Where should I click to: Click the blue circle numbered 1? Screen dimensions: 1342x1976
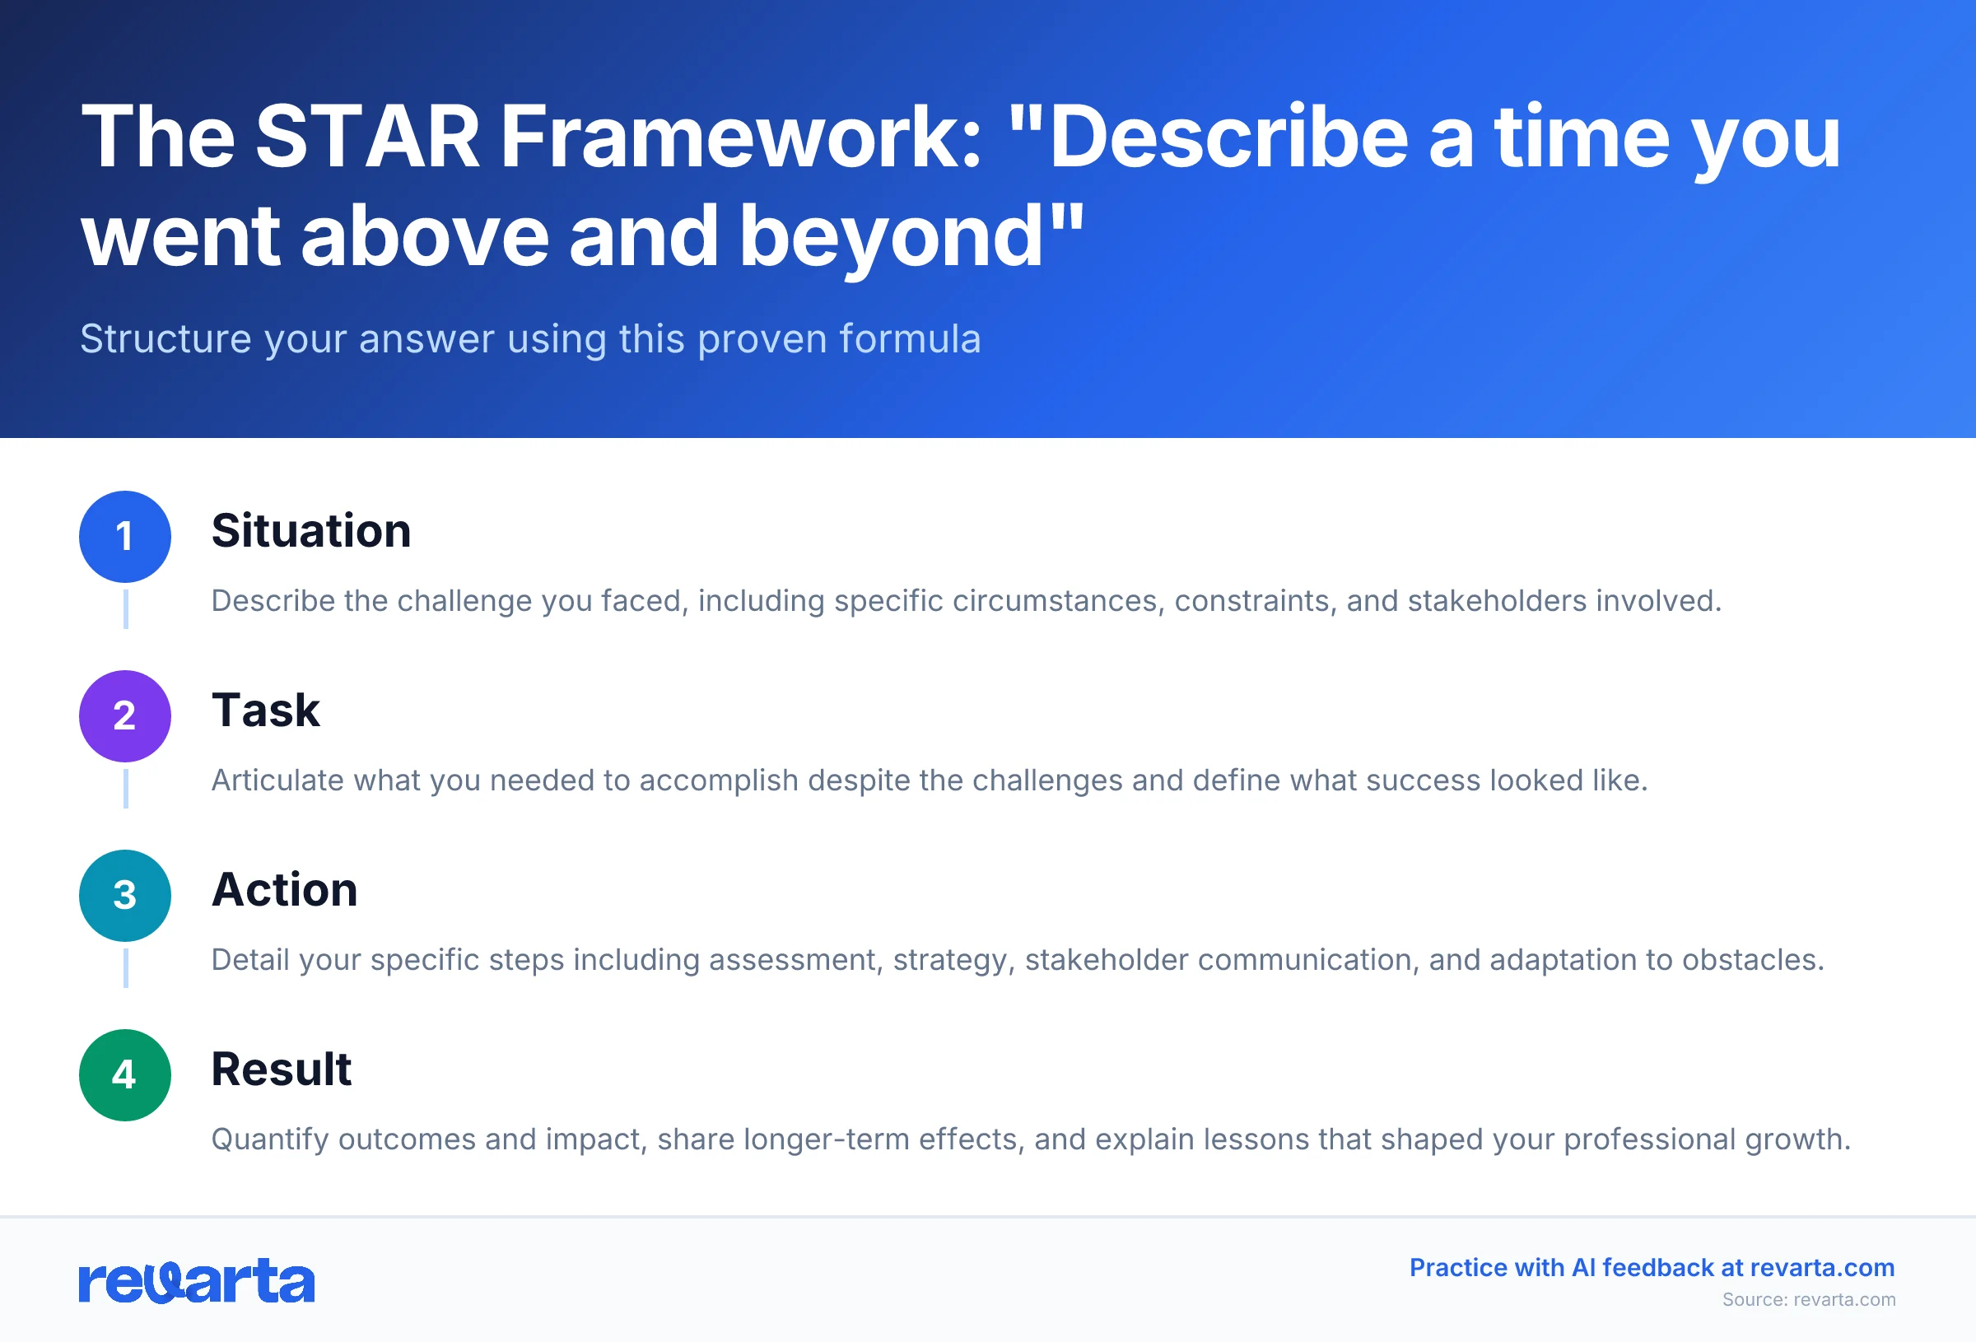(125, 537)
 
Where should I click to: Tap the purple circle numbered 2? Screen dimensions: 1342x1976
(125, 716)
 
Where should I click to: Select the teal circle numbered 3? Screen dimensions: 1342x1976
(125, 896)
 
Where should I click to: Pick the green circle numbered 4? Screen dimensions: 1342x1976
(125, 1075)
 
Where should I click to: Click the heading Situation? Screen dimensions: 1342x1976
(311, 531)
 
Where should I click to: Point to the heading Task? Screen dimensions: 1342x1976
(265, 711)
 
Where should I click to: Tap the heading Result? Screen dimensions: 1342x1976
(281, 1069)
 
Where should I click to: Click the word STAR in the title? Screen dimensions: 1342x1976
(367, 137)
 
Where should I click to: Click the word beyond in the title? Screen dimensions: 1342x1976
(891, 238)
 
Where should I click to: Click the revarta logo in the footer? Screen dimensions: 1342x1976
(197, 1281)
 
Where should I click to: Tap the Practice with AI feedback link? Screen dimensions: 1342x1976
(1652, 1267)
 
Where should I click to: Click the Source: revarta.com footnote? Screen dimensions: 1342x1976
(1809, 1299)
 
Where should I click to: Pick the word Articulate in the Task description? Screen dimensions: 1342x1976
(277, 781)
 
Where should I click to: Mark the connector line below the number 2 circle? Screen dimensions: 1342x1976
(126, 789)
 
